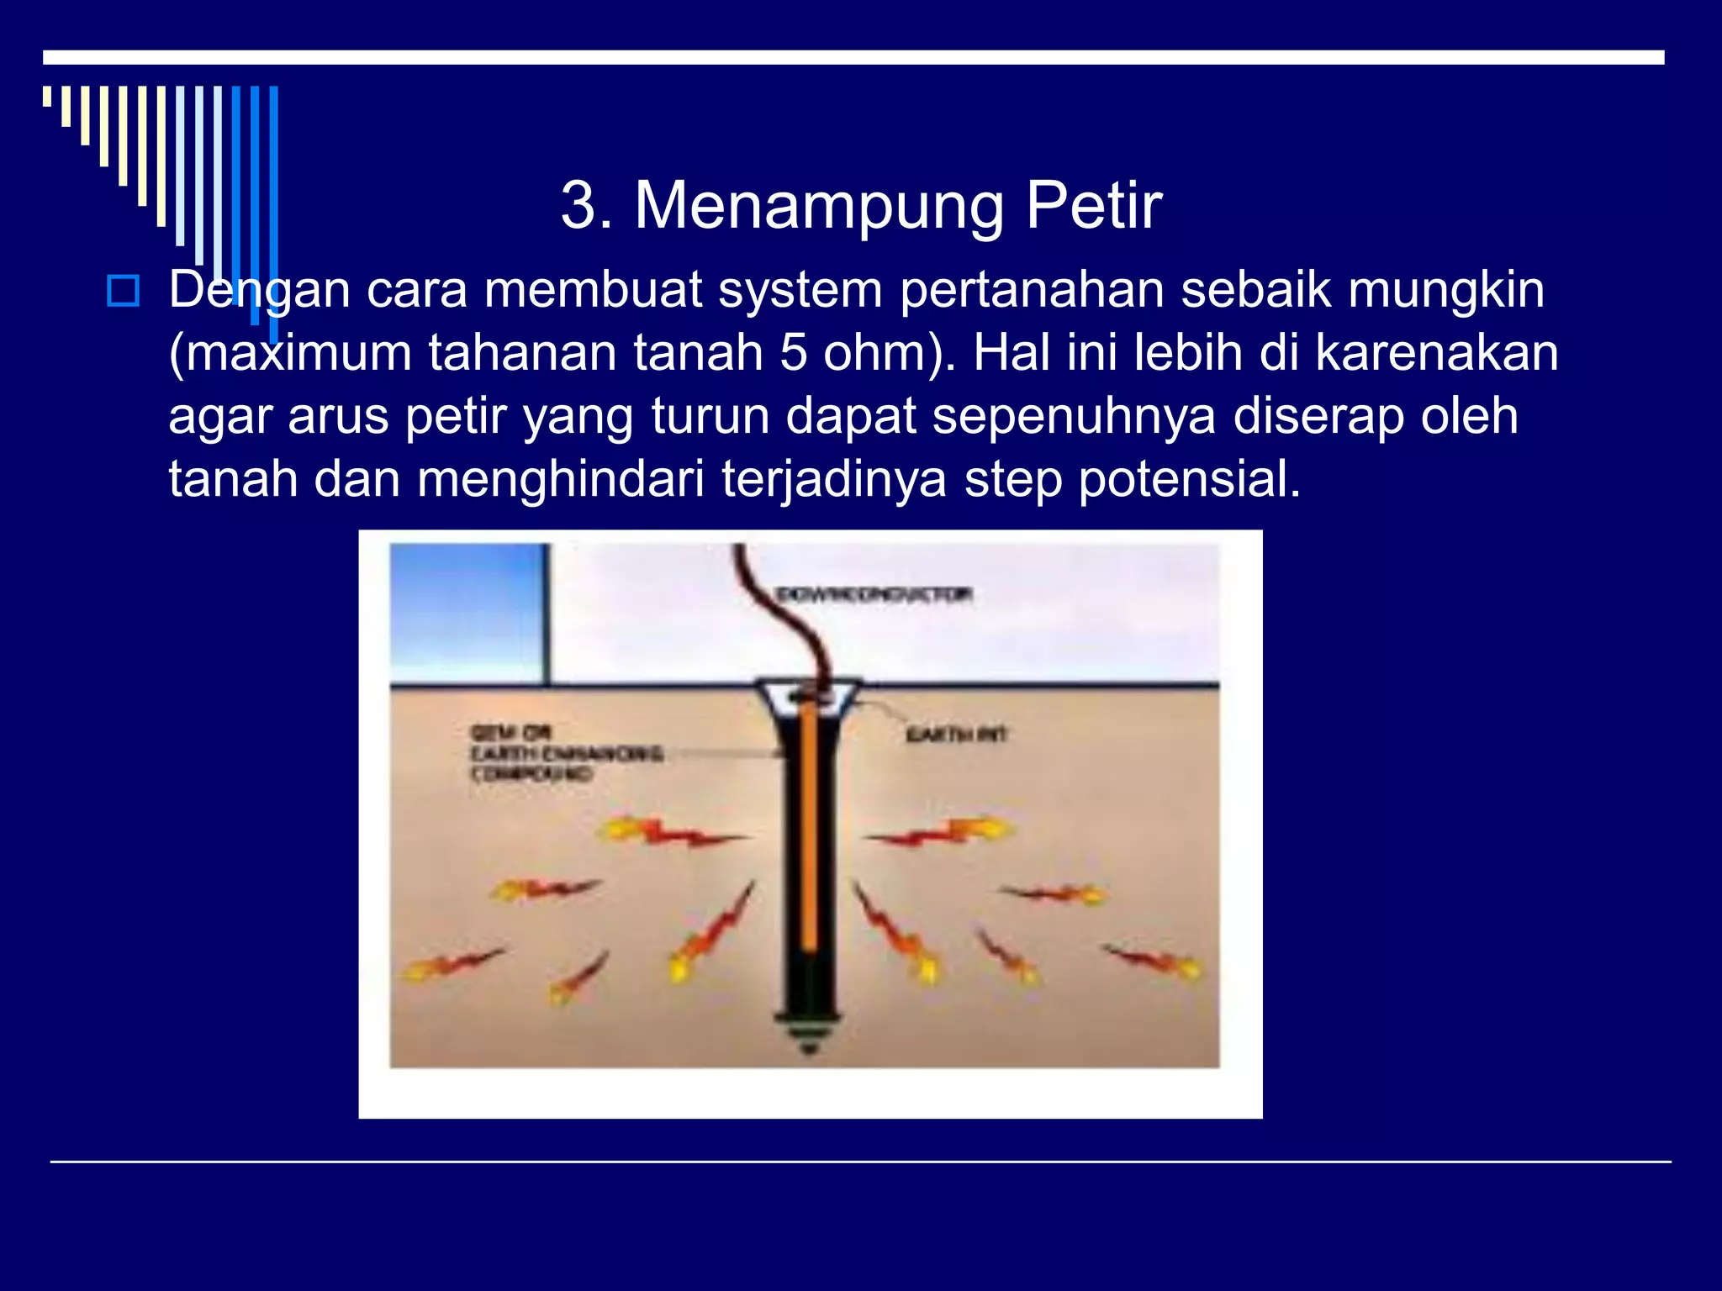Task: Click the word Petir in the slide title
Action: [x=1093, y=206]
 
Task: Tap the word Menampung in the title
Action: [x=819, y=208]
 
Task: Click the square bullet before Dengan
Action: [x=124, y=291]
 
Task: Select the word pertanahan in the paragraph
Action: [x=1032, y=290]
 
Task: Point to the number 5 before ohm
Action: [x=793, y=353]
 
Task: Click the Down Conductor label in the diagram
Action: [x=874, y=595]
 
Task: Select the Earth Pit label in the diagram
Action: [x=956, y=735]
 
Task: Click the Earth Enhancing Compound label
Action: [x=565, y=753]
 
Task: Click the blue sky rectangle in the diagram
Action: [x=467, y=614]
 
